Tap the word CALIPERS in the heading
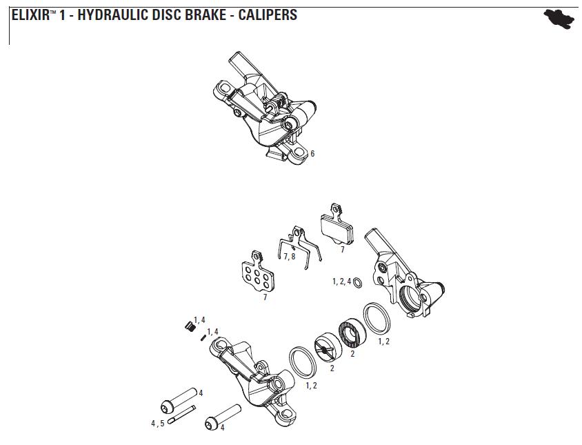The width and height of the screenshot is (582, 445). click(268, 14)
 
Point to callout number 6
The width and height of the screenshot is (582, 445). click(312, 154)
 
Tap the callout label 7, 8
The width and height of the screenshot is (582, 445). click(290, 257)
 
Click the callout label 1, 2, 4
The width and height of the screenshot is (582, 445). click(341, 281)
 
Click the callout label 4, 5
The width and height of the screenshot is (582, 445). click(158, 423)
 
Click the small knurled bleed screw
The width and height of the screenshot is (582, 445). click(188, 326)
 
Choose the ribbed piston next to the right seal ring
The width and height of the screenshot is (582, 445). click(352, 333)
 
